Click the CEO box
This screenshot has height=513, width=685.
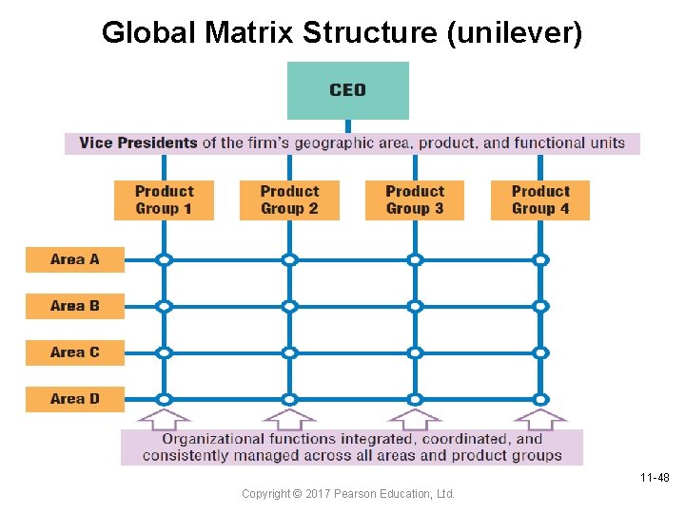(347, 90)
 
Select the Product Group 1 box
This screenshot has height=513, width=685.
(164, 199)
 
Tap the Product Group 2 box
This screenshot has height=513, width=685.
(289, 199)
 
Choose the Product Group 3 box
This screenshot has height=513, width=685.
(415, 199)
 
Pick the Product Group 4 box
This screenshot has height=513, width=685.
(540, 199)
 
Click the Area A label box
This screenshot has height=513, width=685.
(74, 259)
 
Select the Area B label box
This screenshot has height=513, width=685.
(74, 306)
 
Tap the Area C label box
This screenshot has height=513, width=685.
(74, 352)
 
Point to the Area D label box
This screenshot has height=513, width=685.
(74, 399)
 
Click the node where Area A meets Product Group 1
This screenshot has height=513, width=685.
(164, 259)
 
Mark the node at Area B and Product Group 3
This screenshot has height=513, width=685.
(415, 306)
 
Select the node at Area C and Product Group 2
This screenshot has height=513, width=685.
(289, 352)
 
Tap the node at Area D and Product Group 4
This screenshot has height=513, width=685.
(540, 399)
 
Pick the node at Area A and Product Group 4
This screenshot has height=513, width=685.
(540, 259)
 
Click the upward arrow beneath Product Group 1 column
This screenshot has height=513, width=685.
(164, 417)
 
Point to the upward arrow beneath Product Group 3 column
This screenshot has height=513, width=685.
(415, 417)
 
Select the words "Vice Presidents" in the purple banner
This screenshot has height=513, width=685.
(138, 143)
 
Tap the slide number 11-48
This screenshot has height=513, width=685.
(656, 478)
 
